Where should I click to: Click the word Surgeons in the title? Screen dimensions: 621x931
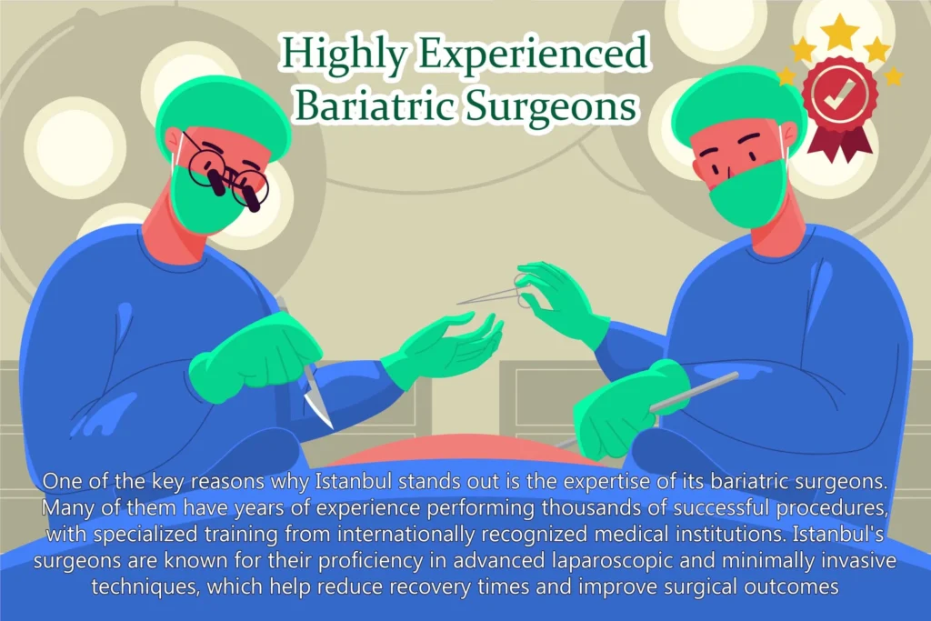point(546,106)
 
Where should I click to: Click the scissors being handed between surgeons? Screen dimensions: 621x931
point(496,290)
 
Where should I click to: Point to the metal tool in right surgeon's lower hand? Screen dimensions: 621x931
point(691,391)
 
